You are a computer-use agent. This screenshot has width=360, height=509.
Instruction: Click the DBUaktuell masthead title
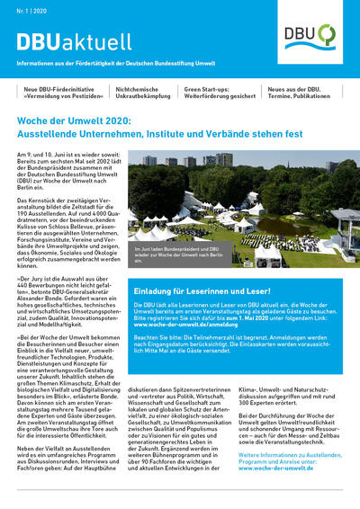74,42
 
